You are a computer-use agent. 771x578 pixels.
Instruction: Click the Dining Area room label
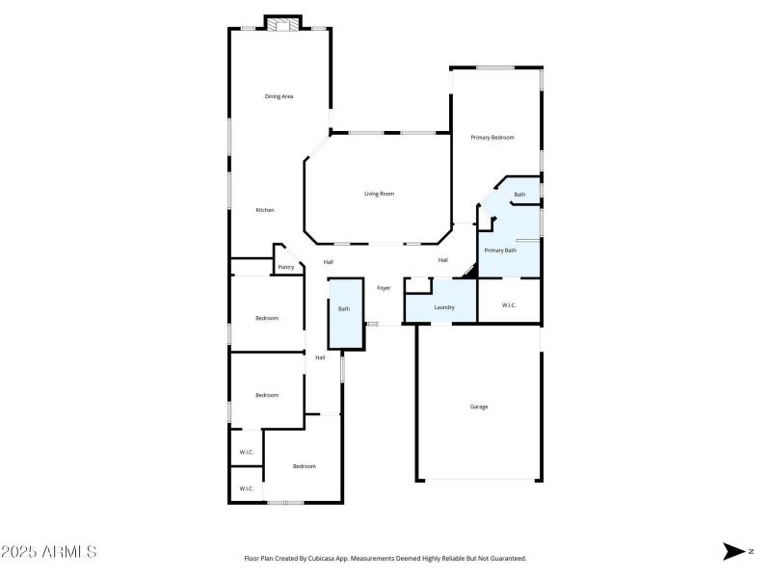click(279, 96)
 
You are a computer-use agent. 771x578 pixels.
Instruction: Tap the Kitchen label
click(265, 210)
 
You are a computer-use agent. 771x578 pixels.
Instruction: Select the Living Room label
click(379, 194)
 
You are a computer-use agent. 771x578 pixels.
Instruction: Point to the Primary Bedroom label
click(492, 138)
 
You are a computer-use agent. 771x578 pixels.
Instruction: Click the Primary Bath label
click(499, 250)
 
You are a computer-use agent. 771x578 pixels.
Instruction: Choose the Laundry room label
click(443, 307)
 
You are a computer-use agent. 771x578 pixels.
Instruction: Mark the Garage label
click(478, 407)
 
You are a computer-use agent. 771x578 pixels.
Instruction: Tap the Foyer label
click(383, 288)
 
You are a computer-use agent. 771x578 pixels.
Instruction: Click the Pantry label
click(285, 268)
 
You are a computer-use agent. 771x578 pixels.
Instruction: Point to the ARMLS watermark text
click(66, 552)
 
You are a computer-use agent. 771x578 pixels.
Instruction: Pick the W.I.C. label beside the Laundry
click(509, 305)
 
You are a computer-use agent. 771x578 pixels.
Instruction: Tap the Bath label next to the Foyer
click(343, 309)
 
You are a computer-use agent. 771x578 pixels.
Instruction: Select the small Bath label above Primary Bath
click(519, 195)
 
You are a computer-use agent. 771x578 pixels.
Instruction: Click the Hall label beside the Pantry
click(328, 262)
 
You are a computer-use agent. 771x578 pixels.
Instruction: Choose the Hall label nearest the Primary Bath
click(442, 260)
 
